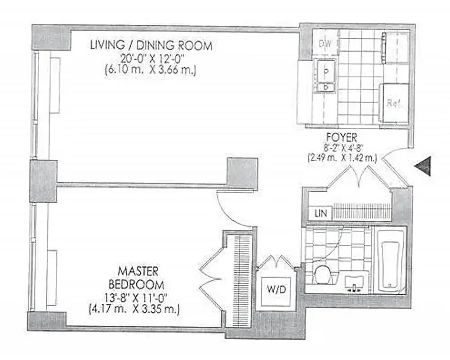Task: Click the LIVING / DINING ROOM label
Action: [x=151, y=45]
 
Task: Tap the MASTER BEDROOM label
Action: [x=138, y=278]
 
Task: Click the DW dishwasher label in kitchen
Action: [x=325, y=44]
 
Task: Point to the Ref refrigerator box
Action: [x=394, y=103]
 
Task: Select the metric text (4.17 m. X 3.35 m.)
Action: [x=134, y=310]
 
